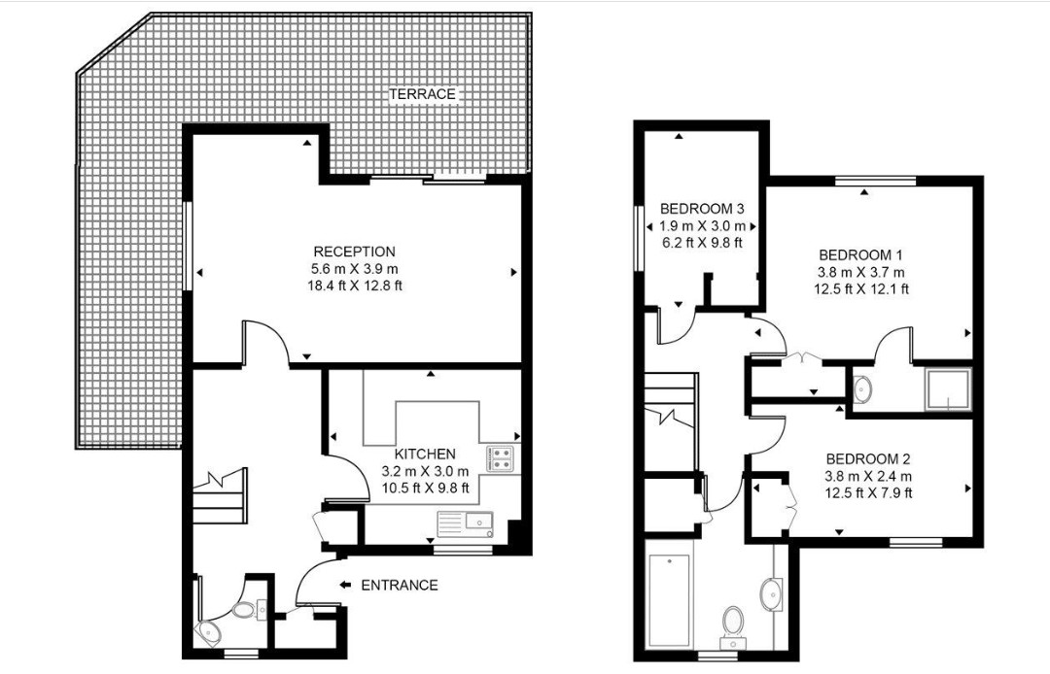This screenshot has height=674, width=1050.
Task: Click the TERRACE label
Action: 422,94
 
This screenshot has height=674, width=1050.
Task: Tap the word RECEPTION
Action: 354,252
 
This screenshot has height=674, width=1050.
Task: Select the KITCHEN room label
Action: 425,455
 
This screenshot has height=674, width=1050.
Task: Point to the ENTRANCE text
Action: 399,586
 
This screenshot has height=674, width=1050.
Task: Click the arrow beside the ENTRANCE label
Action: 345,585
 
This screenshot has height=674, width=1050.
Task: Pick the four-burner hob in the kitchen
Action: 500,458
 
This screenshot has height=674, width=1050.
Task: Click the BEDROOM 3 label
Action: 702,209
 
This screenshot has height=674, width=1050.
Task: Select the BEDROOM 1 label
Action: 861,254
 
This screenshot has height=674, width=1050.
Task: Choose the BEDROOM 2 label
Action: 868,459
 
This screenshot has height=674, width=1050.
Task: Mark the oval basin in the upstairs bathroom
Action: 775,590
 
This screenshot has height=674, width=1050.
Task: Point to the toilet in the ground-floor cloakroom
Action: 243,611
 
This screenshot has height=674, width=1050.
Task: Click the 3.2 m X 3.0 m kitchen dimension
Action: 425,472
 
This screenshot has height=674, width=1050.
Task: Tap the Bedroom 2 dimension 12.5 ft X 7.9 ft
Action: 868,493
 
